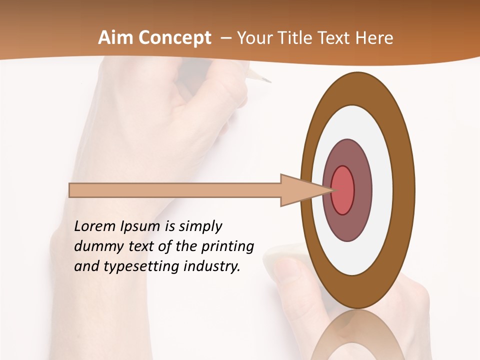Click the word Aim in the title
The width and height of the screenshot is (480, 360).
(115, 38)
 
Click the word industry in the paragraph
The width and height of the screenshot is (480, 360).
(212, 266)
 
